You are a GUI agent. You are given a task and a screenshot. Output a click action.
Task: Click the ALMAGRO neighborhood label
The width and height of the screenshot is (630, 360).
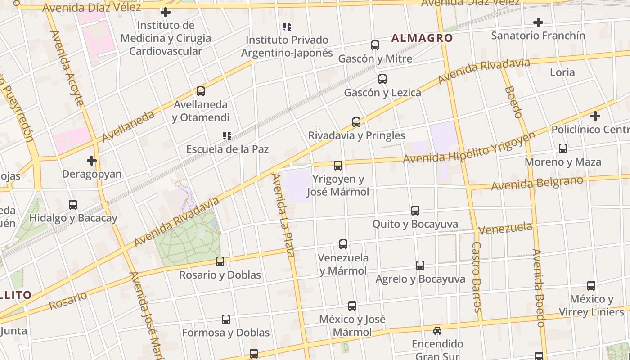(x=422, y=38)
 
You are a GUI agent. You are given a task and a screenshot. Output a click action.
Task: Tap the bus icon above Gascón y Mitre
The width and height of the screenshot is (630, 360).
(x=375, y=45)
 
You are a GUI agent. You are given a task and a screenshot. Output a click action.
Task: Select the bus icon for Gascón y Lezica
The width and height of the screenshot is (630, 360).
(x=382, y=79)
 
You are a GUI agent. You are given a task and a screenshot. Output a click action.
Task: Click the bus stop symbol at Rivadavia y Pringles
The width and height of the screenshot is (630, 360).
(x=356, y=122)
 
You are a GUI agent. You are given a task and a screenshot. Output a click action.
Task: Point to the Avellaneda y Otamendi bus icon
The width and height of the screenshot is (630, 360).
(x=201, y=91)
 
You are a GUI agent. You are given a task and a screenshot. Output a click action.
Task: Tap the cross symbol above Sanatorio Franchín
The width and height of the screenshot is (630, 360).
(x=538, y=22)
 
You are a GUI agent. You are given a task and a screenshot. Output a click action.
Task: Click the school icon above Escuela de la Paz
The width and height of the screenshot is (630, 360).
(x=227, y=135)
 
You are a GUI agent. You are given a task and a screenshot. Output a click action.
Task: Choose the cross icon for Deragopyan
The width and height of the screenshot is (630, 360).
(x=92, y=160)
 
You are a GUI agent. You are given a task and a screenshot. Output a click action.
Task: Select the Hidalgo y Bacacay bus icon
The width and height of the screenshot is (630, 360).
(x=73, y=205)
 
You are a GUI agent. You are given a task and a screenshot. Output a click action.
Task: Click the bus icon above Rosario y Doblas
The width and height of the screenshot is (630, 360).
(x=220, y=261)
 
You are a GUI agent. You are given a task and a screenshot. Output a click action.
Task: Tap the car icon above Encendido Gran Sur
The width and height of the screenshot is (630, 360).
(x=437, y=331)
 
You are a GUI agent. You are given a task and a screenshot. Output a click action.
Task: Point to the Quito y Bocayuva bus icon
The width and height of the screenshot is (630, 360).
(x=415, y=210)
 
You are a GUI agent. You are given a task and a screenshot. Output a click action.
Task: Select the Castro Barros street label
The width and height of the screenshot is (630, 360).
(x=477, y=277)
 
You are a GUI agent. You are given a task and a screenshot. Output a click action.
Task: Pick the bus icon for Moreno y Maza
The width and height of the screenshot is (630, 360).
(x=563, y=148)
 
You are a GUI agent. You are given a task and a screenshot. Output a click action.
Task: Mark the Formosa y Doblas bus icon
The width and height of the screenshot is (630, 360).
(x=226, y=319)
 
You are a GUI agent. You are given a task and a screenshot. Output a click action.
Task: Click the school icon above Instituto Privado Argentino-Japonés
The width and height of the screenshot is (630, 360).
(x=287, y=27)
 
